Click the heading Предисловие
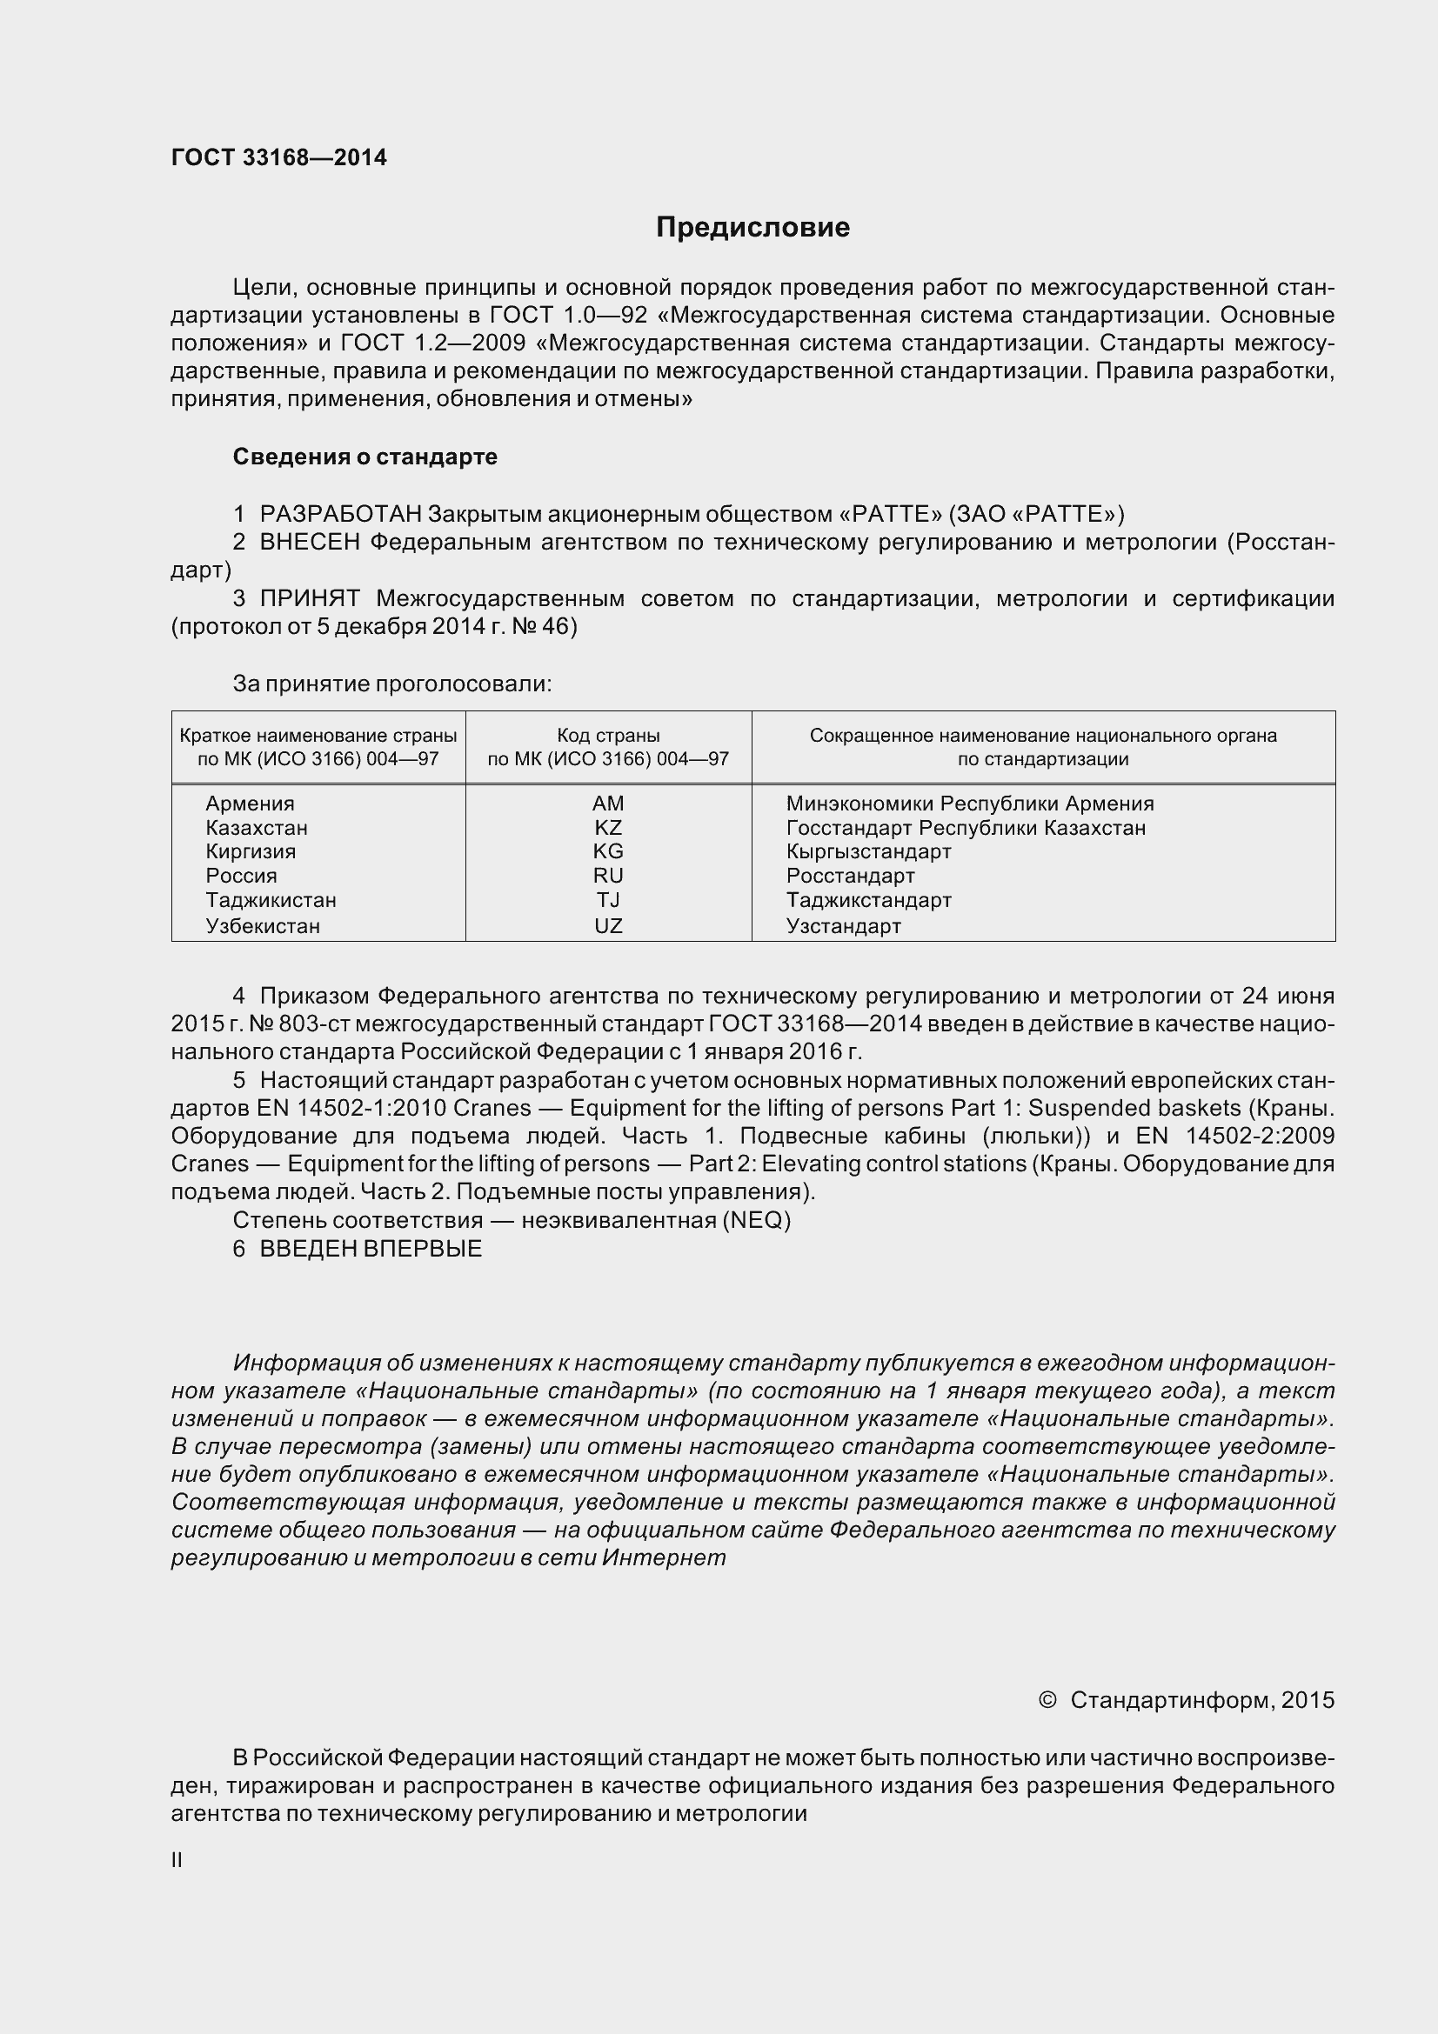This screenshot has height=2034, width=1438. [752, 228]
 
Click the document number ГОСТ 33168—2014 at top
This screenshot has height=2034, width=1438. [279, 157]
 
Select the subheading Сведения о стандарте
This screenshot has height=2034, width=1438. [365, 457]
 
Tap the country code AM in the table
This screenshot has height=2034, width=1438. [608, 804]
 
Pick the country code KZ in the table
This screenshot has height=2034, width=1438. [608, 827]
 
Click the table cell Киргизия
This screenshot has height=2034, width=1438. [251, 851]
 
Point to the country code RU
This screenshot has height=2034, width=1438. [608, 876]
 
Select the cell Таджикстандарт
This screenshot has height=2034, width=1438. [868, 900]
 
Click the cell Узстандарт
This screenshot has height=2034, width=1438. [843, 926]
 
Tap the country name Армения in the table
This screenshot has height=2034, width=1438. [250, 804]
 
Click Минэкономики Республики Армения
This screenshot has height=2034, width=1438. [969, 804]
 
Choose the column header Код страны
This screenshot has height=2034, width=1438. [608, 736]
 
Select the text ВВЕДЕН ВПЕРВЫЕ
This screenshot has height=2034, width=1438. [371, 1249]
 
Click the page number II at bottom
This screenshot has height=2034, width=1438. [177, 1860]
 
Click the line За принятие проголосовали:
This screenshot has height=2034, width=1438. [391, 684]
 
